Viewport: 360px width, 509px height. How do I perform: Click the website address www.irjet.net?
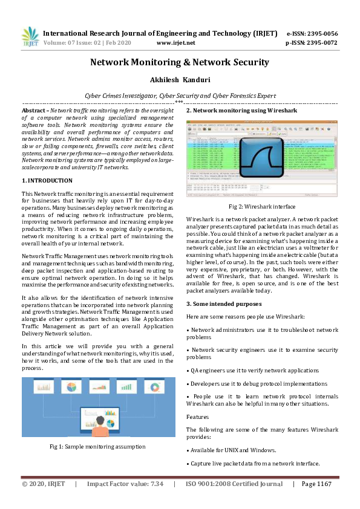(x=175, y=43)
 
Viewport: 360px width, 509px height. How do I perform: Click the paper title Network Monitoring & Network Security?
(x=180, y=62)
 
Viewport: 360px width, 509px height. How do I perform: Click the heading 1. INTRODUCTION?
(x=47, y=181)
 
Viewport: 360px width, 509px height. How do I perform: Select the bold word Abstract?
(x=34, y=111)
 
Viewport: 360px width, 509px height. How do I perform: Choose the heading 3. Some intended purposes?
(x=224, y=303)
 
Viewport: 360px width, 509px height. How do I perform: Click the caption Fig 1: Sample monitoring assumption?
(x=97, y=446)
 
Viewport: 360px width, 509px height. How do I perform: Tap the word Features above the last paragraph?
(x=197, y=417)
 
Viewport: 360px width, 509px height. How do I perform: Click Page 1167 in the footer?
(x=316, y=484)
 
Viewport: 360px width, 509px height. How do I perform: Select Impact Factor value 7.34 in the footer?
(x=125, y=484)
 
